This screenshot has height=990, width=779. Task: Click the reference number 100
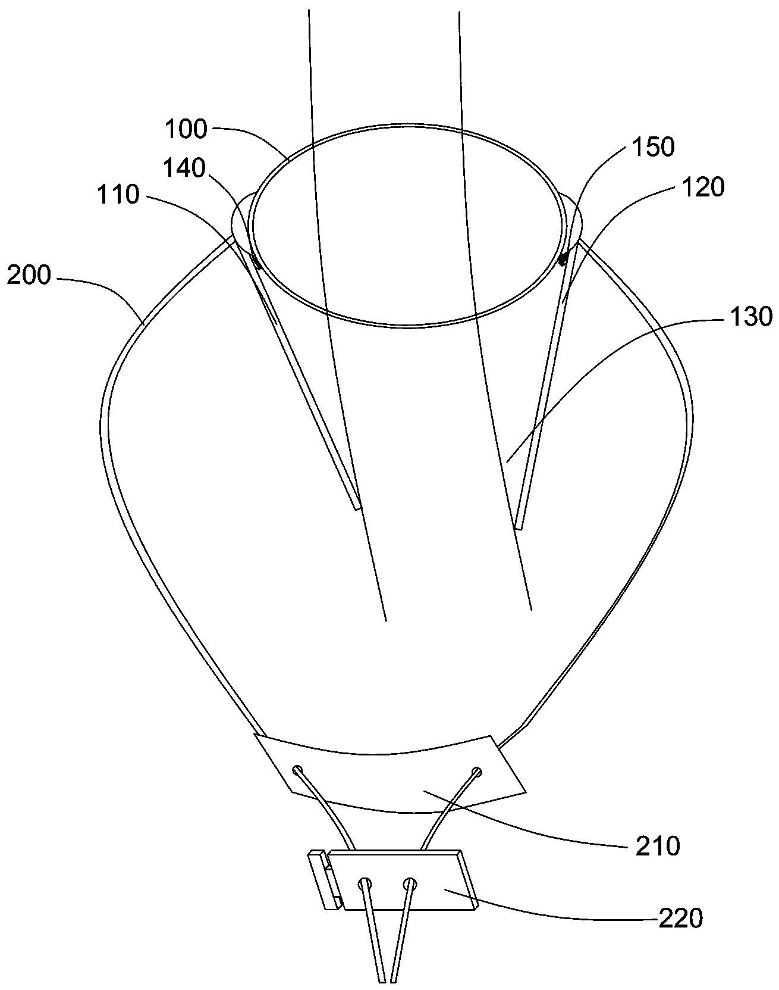coord(185,129)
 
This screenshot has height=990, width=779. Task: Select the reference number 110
coord(119,195)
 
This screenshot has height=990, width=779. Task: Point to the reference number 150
coord(653,147)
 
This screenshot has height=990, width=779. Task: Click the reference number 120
coord(703,187)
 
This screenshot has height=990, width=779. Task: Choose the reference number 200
coord(29,277)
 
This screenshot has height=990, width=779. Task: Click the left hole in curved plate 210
coord(297,770)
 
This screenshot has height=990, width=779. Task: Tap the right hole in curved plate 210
coord(476,772)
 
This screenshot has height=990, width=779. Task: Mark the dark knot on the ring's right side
coord(561,258)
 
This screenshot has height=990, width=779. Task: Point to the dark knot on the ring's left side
coord(256,260)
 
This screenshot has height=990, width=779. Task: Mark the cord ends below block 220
coord(387,976)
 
